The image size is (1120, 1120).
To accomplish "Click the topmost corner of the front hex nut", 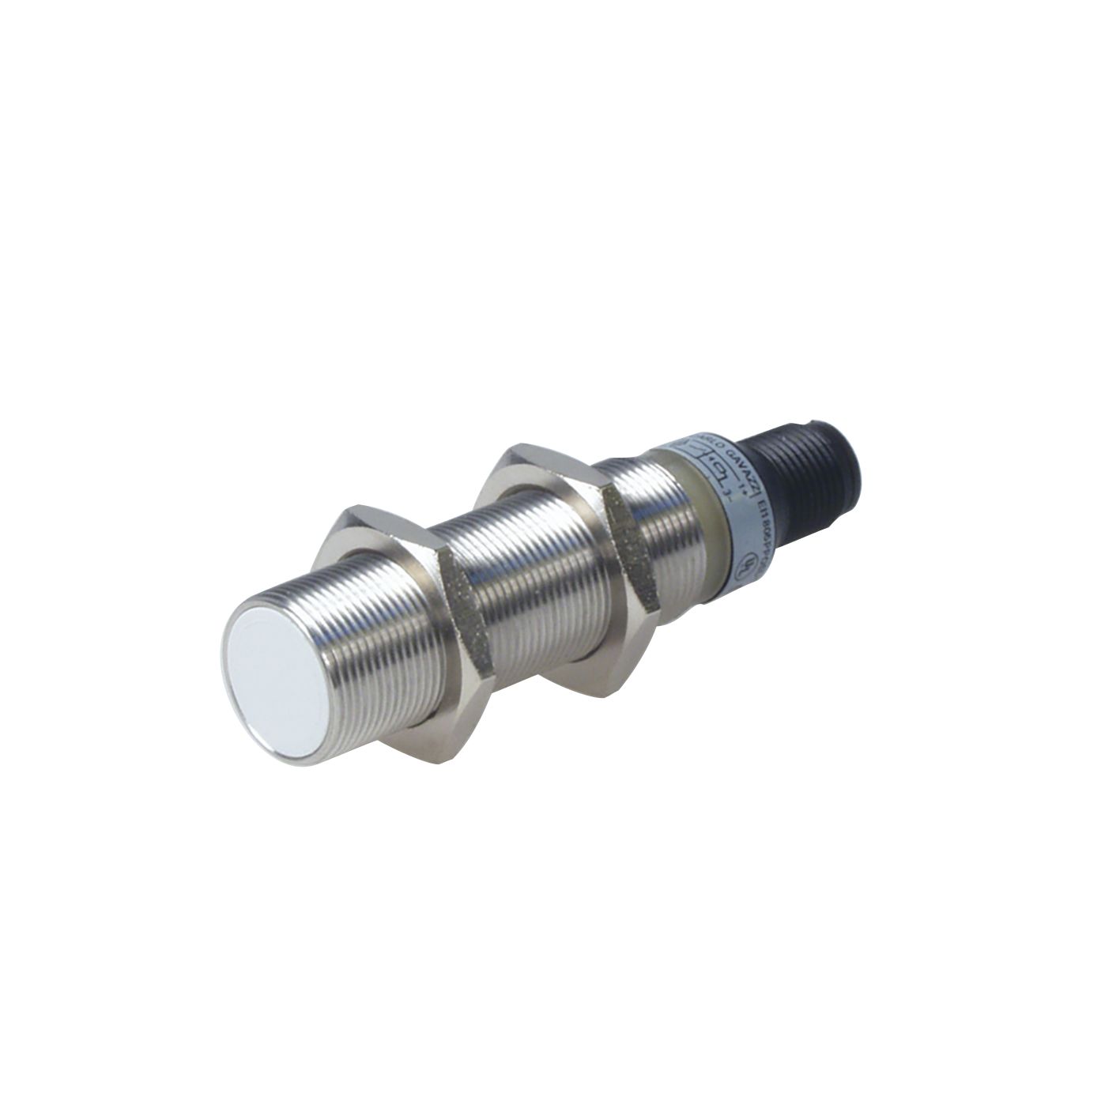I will click(352, 505).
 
